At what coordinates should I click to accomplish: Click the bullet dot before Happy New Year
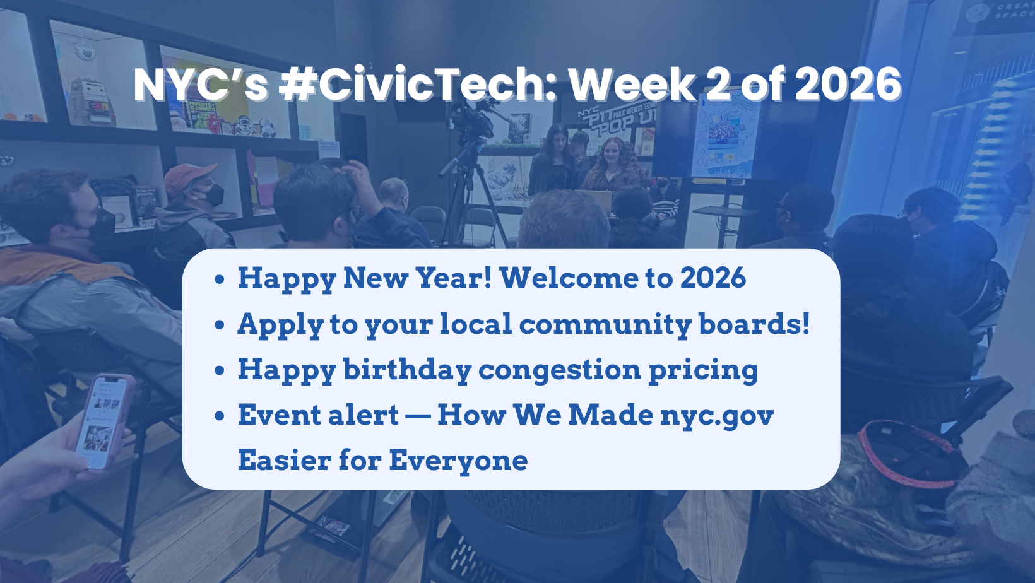[219, 279]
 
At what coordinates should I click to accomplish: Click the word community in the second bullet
[605, 324]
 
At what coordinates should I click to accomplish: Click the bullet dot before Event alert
[219, 416]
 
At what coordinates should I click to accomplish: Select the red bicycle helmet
[909, 454]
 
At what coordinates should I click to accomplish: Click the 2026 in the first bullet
[713, 278]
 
